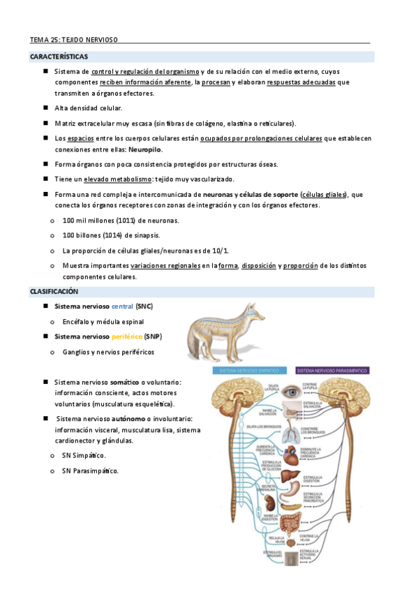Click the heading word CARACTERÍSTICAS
[x=59, y=57]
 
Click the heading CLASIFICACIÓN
[x=53, y=291]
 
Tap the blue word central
[x=122, y=306]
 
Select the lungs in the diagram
[x=291, y=435]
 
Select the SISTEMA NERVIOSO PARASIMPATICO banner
[x=331, y=370]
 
